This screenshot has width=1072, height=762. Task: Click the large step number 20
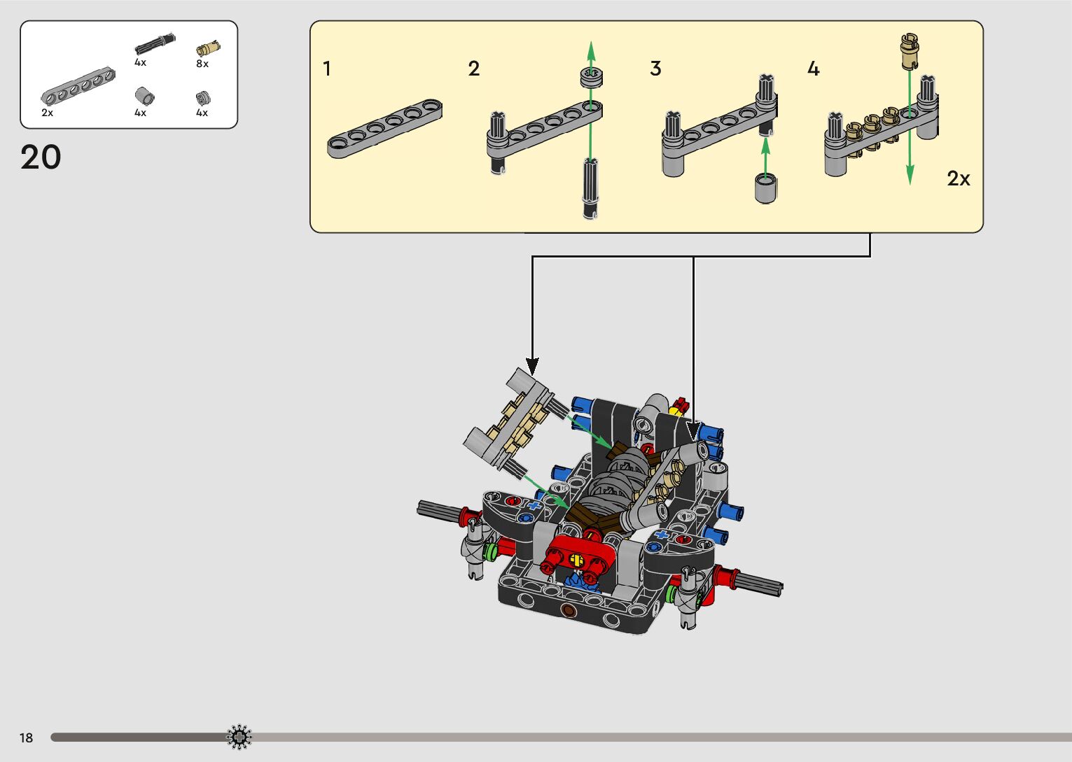click(41, 157)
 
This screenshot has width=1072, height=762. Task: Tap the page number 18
click(27, 738)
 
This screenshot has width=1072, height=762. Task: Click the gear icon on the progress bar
click(239, 737)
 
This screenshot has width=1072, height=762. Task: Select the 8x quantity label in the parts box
click(202, 64)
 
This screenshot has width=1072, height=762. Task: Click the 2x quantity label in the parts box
click(47, 113)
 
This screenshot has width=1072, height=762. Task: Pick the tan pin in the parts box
click(208, 48)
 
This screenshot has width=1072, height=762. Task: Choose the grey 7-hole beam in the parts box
click(78, 86)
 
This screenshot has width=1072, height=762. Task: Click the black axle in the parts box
click(155, 43)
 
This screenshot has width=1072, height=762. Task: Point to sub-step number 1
click(327, 69)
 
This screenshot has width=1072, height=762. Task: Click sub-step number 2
click(474, 69)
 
